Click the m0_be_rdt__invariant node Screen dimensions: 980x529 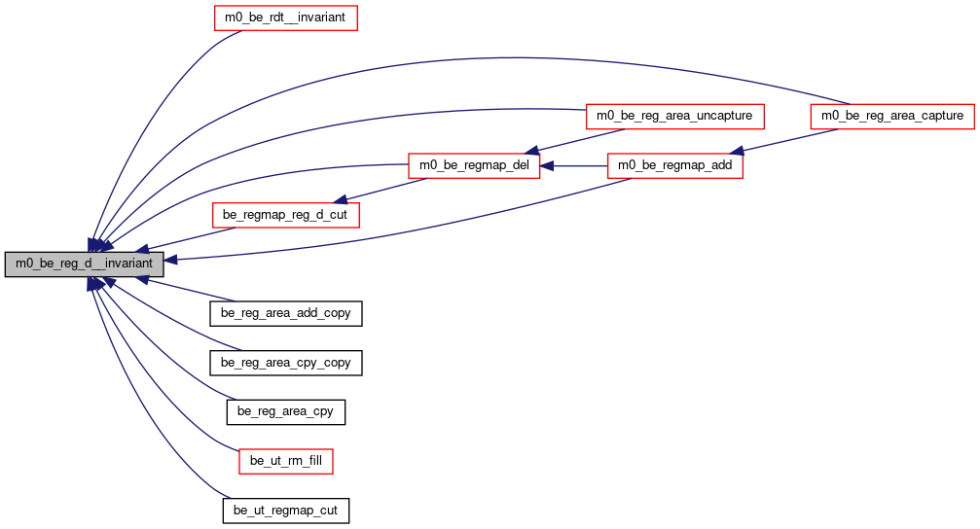pos(285,18)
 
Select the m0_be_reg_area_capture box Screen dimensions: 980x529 pos(891,116)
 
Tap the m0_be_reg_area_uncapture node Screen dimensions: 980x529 pos(674,116)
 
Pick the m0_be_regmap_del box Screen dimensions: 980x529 pos(474,165)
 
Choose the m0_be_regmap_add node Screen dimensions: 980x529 pos(675,165)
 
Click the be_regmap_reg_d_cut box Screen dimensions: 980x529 pos(285,215)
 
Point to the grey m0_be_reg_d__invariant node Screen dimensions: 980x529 pos(84,264)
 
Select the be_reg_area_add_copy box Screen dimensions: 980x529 pos(285,313)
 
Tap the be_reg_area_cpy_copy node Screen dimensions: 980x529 pos(285,363)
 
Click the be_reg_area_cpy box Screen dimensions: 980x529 pos(285,411)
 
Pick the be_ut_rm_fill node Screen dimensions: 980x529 pos(285,461)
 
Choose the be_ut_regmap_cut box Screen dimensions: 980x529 pos(285,511)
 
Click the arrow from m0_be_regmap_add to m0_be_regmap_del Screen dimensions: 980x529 pos(574,166)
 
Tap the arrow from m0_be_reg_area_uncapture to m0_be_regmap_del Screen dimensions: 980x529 pos(574,141)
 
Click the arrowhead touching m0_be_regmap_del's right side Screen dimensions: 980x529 pos(547,166)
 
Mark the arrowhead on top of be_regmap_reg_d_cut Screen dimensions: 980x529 pos(340,199)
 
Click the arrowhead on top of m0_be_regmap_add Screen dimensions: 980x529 pos(737,150)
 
